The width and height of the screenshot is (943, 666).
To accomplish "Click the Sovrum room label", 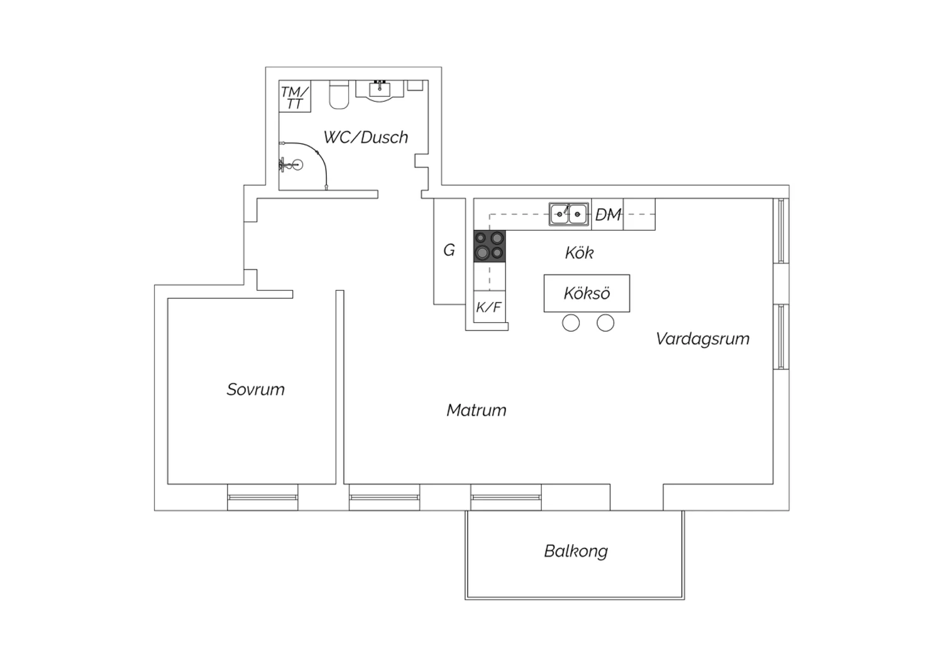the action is tap(255, 390).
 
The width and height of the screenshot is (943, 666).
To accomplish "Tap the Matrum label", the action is tap(476, 410).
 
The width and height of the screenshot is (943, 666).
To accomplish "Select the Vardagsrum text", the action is tap(703, 339).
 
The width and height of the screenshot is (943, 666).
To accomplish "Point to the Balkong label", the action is tap(576, 552).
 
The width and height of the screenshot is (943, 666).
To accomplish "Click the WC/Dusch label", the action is tap(366, 138).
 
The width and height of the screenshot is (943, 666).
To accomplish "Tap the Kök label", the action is tap(579, 253).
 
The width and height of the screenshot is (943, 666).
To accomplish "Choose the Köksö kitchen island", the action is tap(587, 293).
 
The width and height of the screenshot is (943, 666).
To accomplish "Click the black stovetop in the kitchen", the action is tap(490, 246).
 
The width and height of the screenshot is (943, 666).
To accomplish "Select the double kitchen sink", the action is tap(569, 214).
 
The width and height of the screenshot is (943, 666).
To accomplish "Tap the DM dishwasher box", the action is tap(607, 214).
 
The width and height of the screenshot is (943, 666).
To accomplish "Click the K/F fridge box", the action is tap(490, 307).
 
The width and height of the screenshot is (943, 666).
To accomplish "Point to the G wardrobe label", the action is tap(449, 250).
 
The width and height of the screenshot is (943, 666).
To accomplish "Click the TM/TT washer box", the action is tap(295, 96).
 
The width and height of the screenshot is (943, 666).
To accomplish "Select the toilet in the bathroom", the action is tap(339, 95).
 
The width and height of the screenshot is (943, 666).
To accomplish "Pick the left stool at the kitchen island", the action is tap(571, 323).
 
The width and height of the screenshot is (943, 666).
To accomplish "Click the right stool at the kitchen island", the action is tap(605, 323).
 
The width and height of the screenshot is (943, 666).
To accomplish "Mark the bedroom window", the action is tap(263, 497).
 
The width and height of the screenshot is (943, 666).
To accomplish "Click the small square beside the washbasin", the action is tap(415, 85).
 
